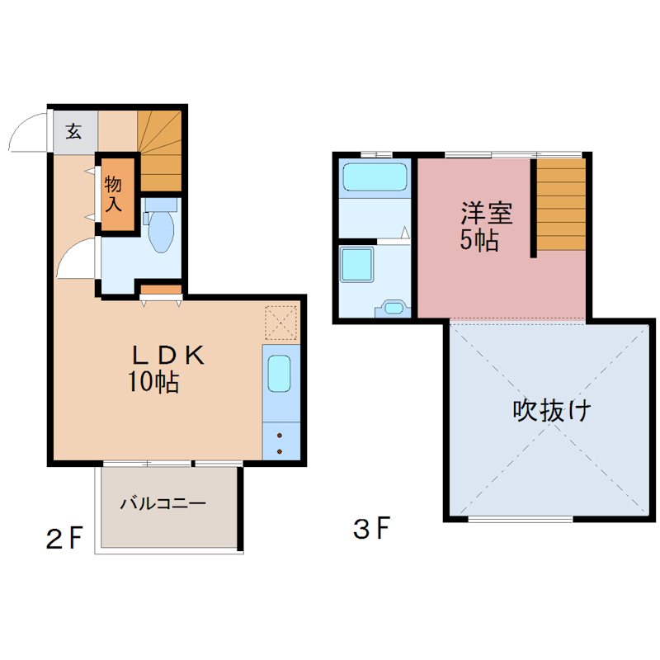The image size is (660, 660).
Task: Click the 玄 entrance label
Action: click(x=74, y=131)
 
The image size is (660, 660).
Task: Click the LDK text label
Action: click(x=168, y=356)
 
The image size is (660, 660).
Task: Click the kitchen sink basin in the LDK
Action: click(x=280, y=375)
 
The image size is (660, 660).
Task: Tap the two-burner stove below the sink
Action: click(x=280, y=442)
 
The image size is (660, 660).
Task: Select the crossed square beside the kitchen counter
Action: click(x=280, y=323)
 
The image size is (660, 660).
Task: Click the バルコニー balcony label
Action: click(x=162, y=502)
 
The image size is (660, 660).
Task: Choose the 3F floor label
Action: click(x=371, y=528)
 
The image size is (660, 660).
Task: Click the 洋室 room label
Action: click(x=487, y=214)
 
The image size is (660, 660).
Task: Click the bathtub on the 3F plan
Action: click(x=375, y=177)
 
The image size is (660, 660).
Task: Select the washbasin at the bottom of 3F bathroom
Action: click(x=394, y=309)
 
